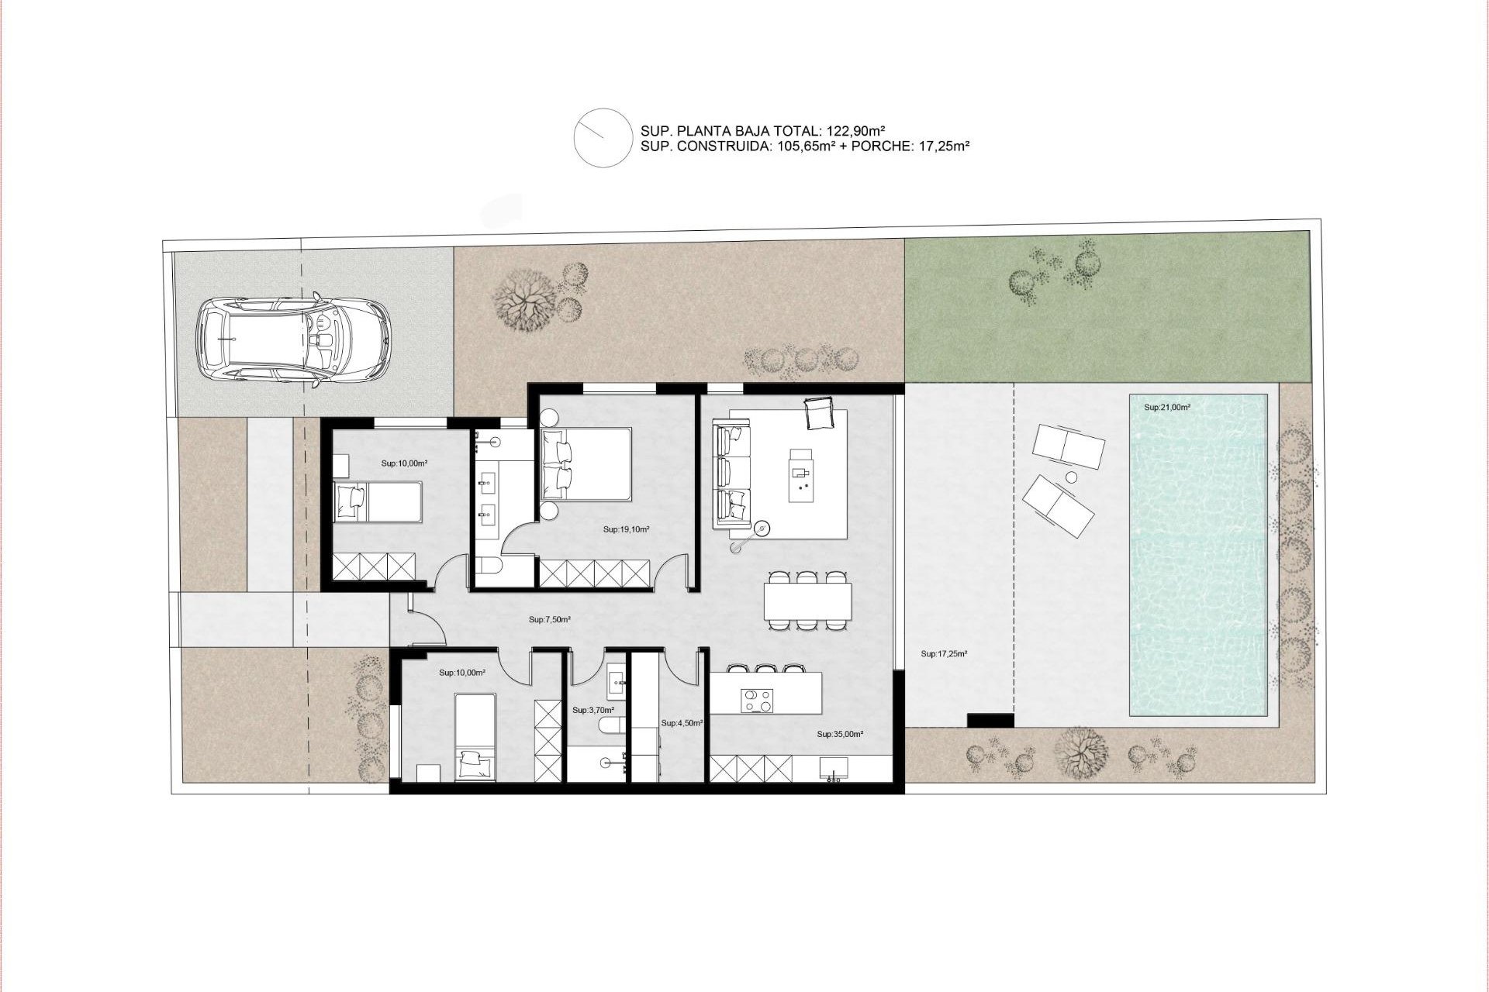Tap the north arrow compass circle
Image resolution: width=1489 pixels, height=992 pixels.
pos(602,137)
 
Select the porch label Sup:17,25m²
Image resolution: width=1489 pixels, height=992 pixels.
pos(944,654)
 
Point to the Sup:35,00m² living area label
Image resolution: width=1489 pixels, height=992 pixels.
pos(840,733)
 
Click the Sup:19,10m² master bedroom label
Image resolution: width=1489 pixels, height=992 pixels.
pos(626,530)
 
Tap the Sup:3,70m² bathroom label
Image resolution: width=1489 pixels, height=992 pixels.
pos(593,710)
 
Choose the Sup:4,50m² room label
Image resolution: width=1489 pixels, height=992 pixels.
pos(682,723)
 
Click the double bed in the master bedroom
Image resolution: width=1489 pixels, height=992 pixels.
pos(586,465)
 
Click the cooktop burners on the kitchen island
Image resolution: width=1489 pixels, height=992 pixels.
pos(758,700)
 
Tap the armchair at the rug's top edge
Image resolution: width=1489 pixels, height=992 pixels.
pos(820,412)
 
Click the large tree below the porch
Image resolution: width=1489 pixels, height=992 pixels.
pos(1083,752)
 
